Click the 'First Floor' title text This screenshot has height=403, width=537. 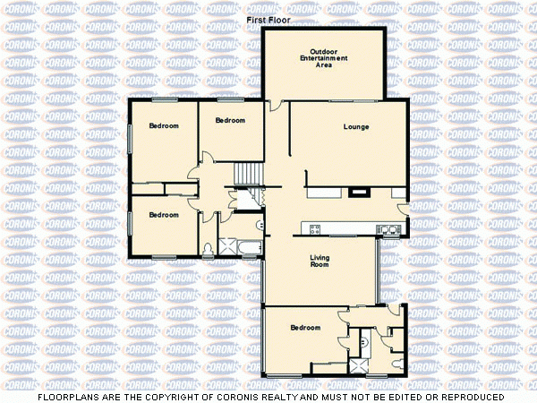(268, 19)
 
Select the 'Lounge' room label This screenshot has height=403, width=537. (356, 127)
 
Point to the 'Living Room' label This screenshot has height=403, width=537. (320, 262)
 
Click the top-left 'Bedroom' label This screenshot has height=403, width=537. (164, 126)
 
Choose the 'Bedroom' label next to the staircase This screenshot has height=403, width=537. (230, 120)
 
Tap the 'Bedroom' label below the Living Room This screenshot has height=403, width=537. (305, 328)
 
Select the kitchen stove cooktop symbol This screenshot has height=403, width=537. (315, 229)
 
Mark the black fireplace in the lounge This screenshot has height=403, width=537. (358, 190)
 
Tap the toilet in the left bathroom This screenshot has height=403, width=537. (208, 248)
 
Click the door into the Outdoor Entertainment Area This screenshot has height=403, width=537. (277, 105)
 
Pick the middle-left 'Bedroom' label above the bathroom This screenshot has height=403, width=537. (164, 215)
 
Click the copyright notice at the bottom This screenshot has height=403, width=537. (268, 395)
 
